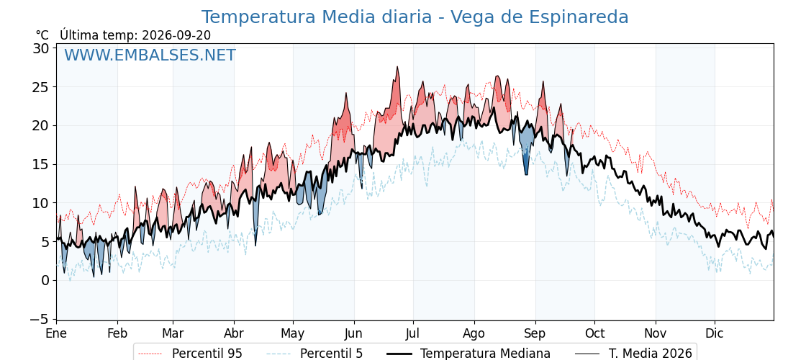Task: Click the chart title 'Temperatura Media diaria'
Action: tap(316, 17)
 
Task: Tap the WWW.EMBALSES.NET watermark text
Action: tap(150, 55)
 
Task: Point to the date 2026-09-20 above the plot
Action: tap(176, 35)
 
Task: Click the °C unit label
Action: tap(42, 35)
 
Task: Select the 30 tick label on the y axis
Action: tap(42, 48)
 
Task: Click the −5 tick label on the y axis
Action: tap(39, 320)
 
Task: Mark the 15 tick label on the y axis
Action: tap(42, 165)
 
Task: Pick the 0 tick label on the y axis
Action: tap(46, 281)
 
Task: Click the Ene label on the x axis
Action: tap(57, 333)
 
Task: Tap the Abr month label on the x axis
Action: tap(234, 333)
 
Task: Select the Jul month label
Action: tap(413, 333)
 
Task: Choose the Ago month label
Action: tap(474, 334)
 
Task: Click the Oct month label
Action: tap(594, 333)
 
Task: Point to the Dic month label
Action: tap(715, 333)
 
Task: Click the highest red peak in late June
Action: tap(397, 67)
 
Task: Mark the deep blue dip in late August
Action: tap(526, 174)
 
